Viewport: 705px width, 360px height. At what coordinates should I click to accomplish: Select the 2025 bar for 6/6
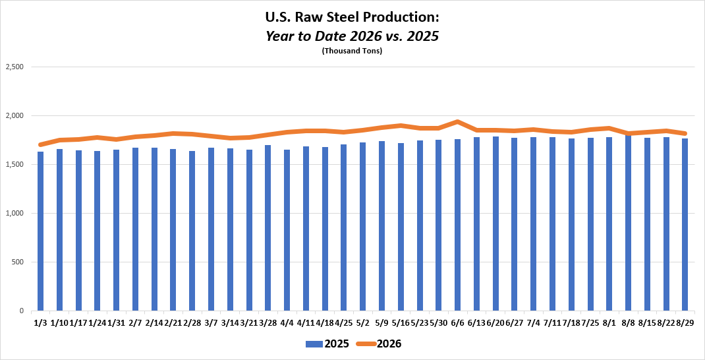tap(457, 225)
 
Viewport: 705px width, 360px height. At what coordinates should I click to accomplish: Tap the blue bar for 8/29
tap(685, 225)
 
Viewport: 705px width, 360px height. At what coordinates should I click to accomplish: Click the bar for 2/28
tap(192, 231)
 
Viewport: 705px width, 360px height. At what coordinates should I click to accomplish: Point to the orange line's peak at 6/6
tap(457, 121)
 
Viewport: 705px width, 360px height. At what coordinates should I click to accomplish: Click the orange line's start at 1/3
tap(40, 144)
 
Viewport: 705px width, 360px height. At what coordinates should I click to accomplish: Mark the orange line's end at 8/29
tap(685, 133)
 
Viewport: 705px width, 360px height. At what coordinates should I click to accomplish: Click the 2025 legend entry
tap(327, 344)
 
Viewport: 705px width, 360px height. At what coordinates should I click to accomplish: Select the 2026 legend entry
tap(378, 344)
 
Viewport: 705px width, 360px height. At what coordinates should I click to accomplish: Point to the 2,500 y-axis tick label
tap(15, 67)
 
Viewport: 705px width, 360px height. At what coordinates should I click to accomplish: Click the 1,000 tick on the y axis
tap(15, 214)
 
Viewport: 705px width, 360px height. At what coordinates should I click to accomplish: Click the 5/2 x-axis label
tap(363, 322)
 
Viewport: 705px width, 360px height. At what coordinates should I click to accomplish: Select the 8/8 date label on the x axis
tap(628, 322)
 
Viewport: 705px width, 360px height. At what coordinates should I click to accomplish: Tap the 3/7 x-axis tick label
tap(211, 322)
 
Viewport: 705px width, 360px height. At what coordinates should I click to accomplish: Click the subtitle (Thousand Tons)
tap(352, 51)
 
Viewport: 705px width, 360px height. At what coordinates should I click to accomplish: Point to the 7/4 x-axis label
tap(533, 322)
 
